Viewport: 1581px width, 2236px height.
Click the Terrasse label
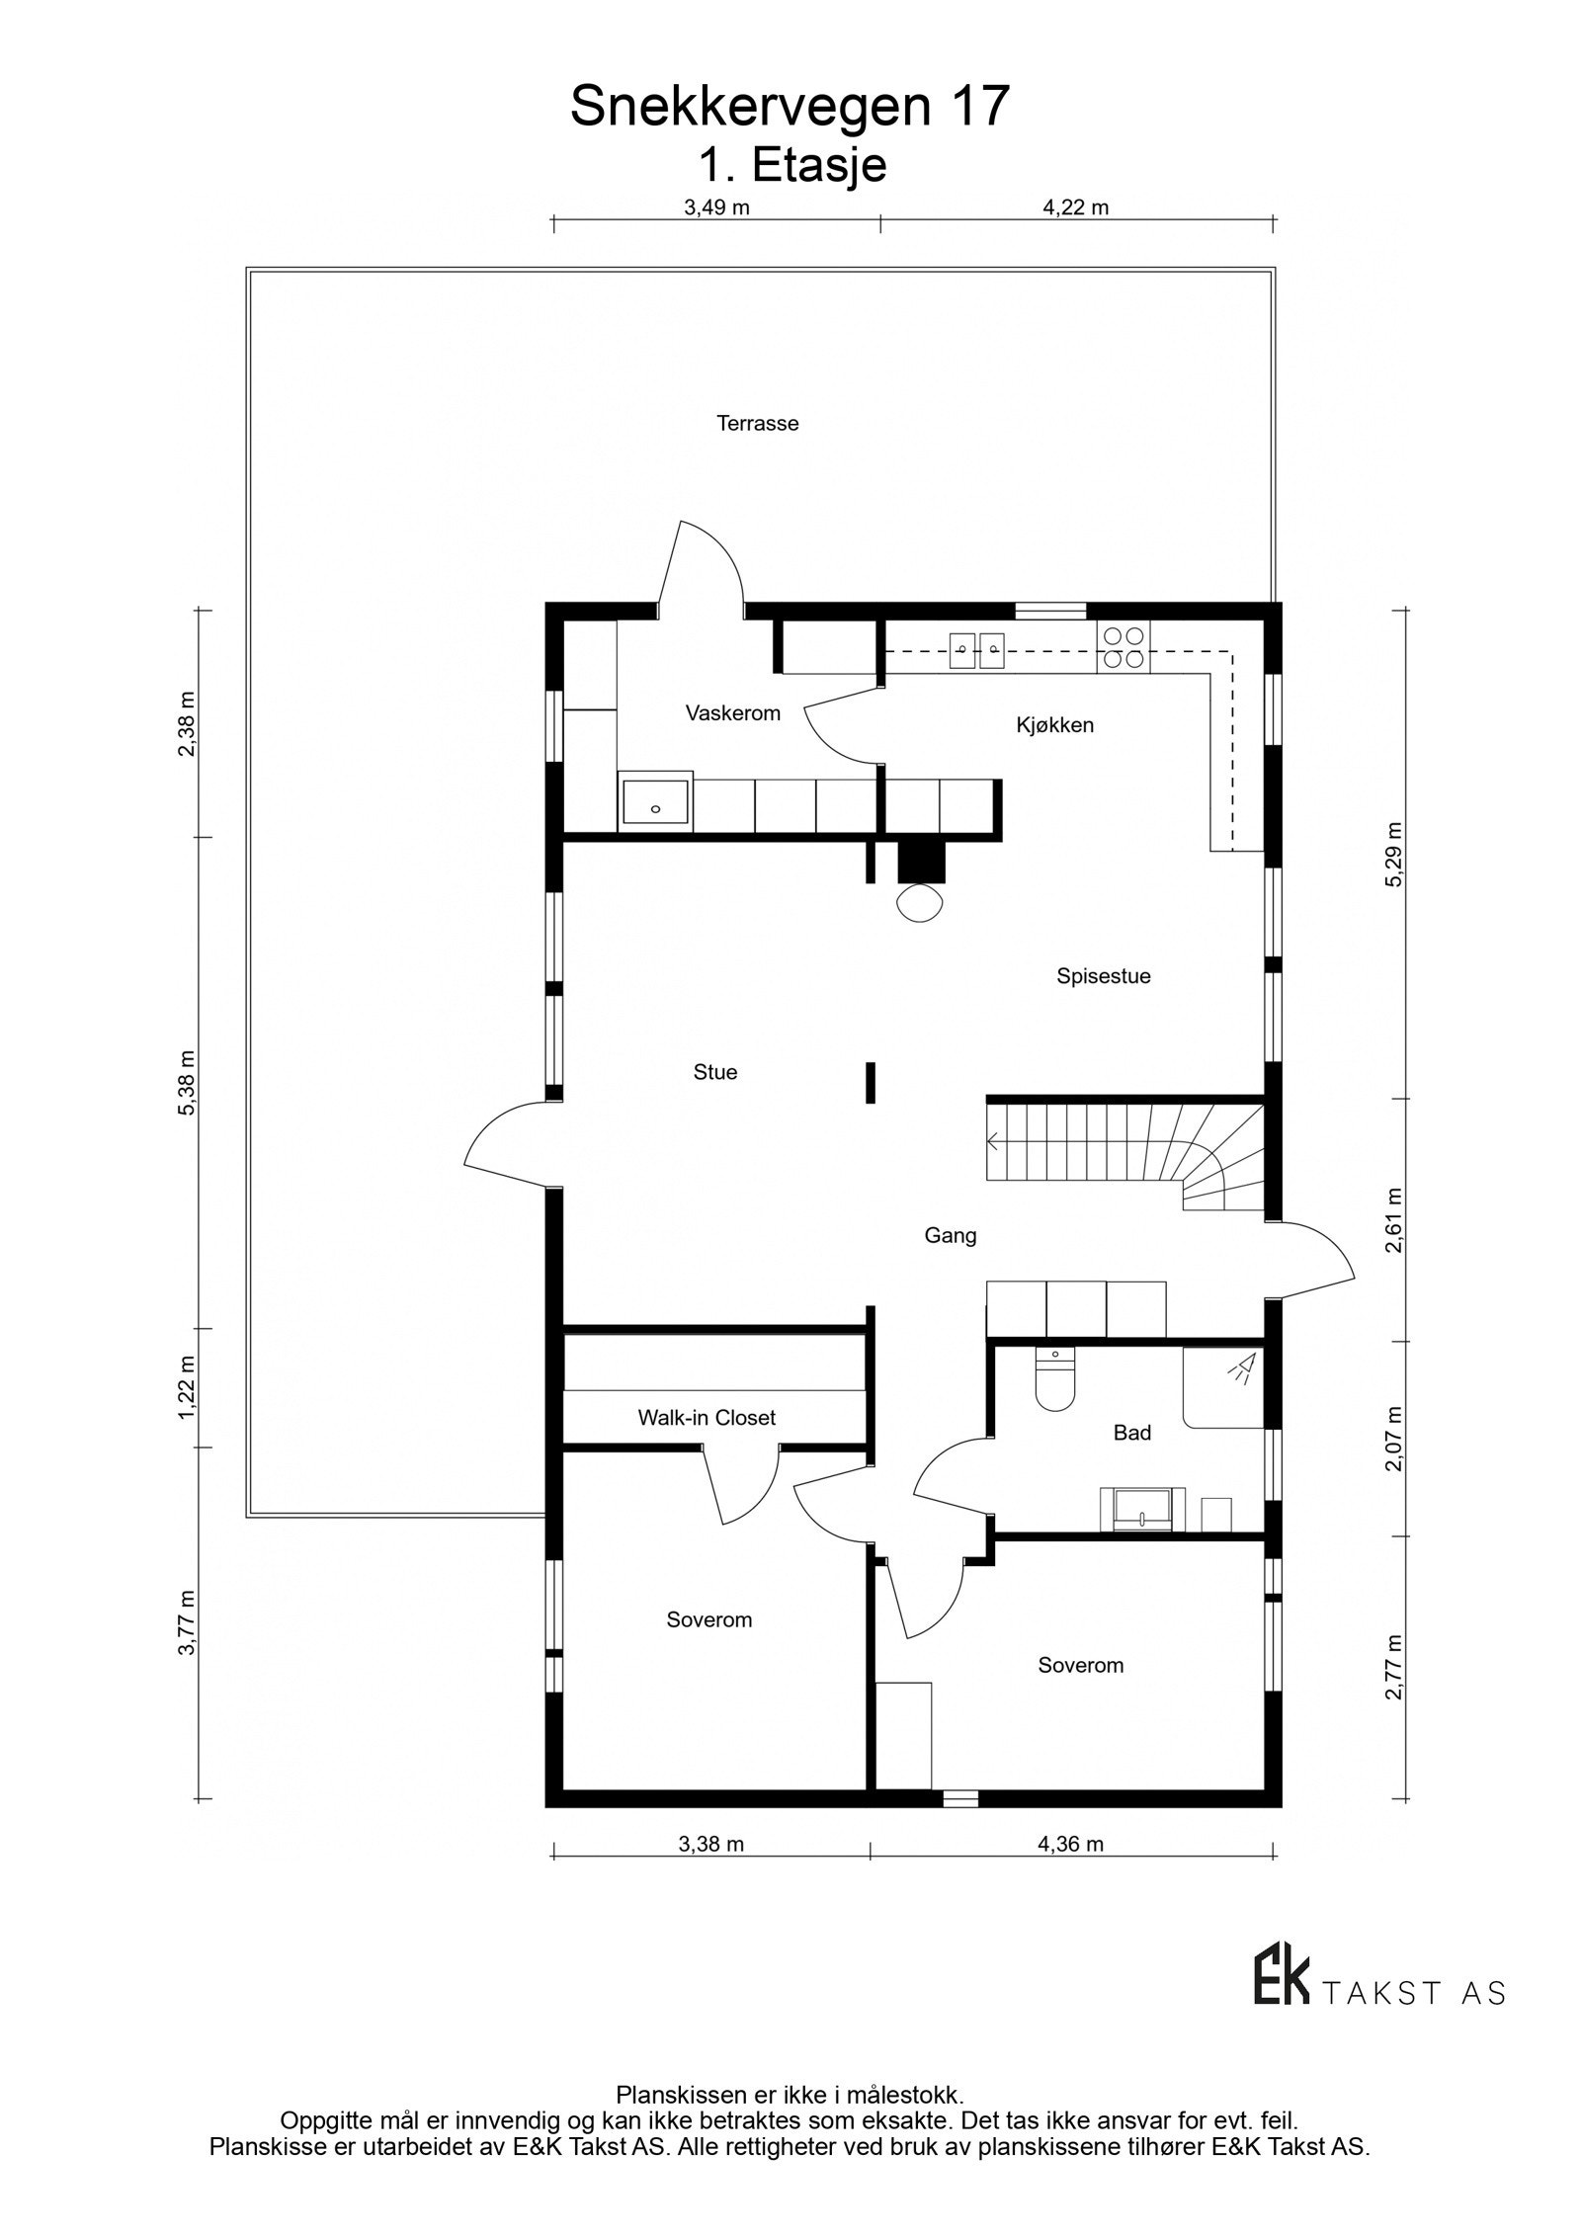click(x=757, y=424)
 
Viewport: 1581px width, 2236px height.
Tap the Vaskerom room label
click(x=732, y=713)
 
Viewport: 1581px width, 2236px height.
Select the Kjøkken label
click(x=1054, y=725)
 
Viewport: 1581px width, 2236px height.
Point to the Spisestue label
click(x=1103, y=976)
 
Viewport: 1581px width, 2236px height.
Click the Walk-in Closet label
click(x=706, y=1418)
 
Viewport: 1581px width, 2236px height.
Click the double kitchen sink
click(x=977, y=648)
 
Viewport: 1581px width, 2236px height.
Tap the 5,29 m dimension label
click(x=1394, y=855)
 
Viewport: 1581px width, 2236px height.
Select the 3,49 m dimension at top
click(x=716, y=207)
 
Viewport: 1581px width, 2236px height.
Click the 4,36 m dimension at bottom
click(x=1071, y=1844)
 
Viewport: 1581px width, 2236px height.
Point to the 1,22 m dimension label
click(x=187, y=1387)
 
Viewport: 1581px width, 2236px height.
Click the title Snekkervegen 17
click(x=790, y=107)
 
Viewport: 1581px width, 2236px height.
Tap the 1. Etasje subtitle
click(x=791, y=165)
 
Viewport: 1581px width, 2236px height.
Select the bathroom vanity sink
click(x=1141, y=1511)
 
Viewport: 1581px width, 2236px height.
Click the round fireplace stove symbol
click(x=919, y=902)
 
